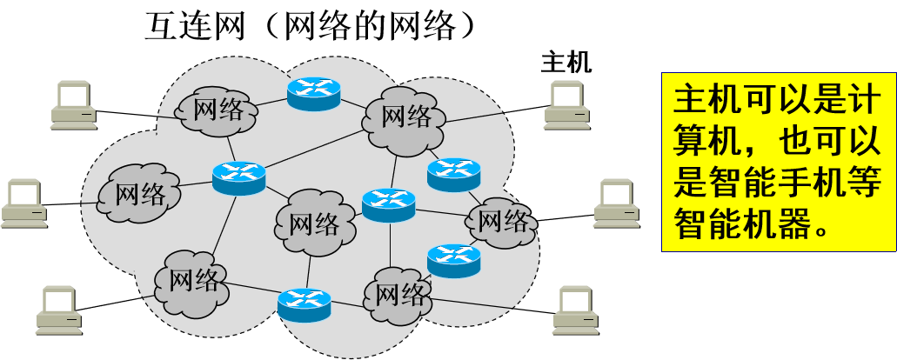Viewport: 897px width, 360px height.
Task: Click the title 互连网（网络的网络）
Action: [311, 27]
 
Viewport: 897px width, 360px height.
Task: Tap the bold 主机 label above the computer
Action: [566, 63]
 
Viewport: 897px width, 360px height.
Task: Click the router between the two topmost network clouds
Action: [312, 92]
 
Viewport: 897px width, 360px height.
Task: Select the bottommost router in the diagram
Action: [305, 303]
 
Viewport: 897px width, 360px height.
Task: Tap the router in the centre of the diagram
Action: [389, 204]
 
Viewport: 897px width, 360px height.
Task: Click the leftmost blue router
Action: [238, 177]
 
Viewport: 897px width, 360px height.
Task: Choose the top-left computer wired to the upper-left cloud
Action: [72, 103]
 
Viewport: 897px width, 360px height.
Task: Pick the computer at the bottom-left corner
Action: [59, 311]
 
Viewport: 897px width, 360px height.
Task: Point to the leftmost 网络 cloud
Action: [139, 193]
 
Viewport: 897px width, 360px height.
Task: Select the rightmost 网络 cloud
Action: [503, 220]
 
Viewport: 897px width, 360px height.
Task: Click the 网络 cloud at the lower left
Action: [192, 280]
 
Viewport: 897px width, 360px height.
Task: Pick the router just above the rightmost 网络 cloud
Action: [453, 174]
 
